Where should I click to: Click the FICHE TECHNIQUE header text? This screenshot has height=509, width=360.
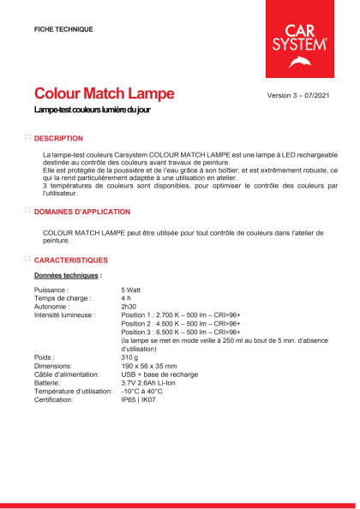coord(63,29)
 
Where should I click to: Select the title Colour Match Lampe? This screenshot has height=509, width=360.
coord(104,93)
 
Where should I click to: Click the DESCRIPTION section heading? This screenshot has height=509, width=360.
coord(58,138)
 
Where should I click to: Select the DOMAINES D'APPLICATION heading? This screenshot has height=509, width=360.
coord(82,212)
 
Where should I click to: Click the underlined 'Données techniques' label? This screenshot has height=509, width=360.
coord(67,276)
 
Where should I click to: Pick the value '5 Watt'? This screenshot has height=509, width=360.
coord(133,290)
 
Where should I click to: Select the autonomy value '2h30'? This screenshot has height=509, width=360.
coord(129,307)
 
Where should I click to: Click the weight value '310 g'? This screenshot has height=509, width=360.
coord(130,357)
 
